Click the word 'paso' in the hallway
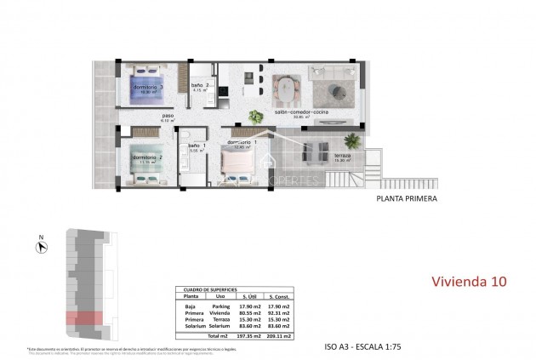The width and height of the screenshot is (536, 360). pyautogui.click(x=168, y=117)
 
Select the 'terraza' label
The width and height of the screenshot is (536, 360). pyautogui.click(x=342, y=157)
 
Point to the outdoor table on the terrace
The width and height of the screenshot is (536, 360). pyautogui.click(x=316, y=151)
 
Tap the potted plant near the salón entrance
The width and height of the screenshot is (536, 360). pyautogui.click(x=254, y=117)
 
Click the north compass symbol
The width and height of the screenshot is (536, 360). pyautogui.click(x=41, y=248)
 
